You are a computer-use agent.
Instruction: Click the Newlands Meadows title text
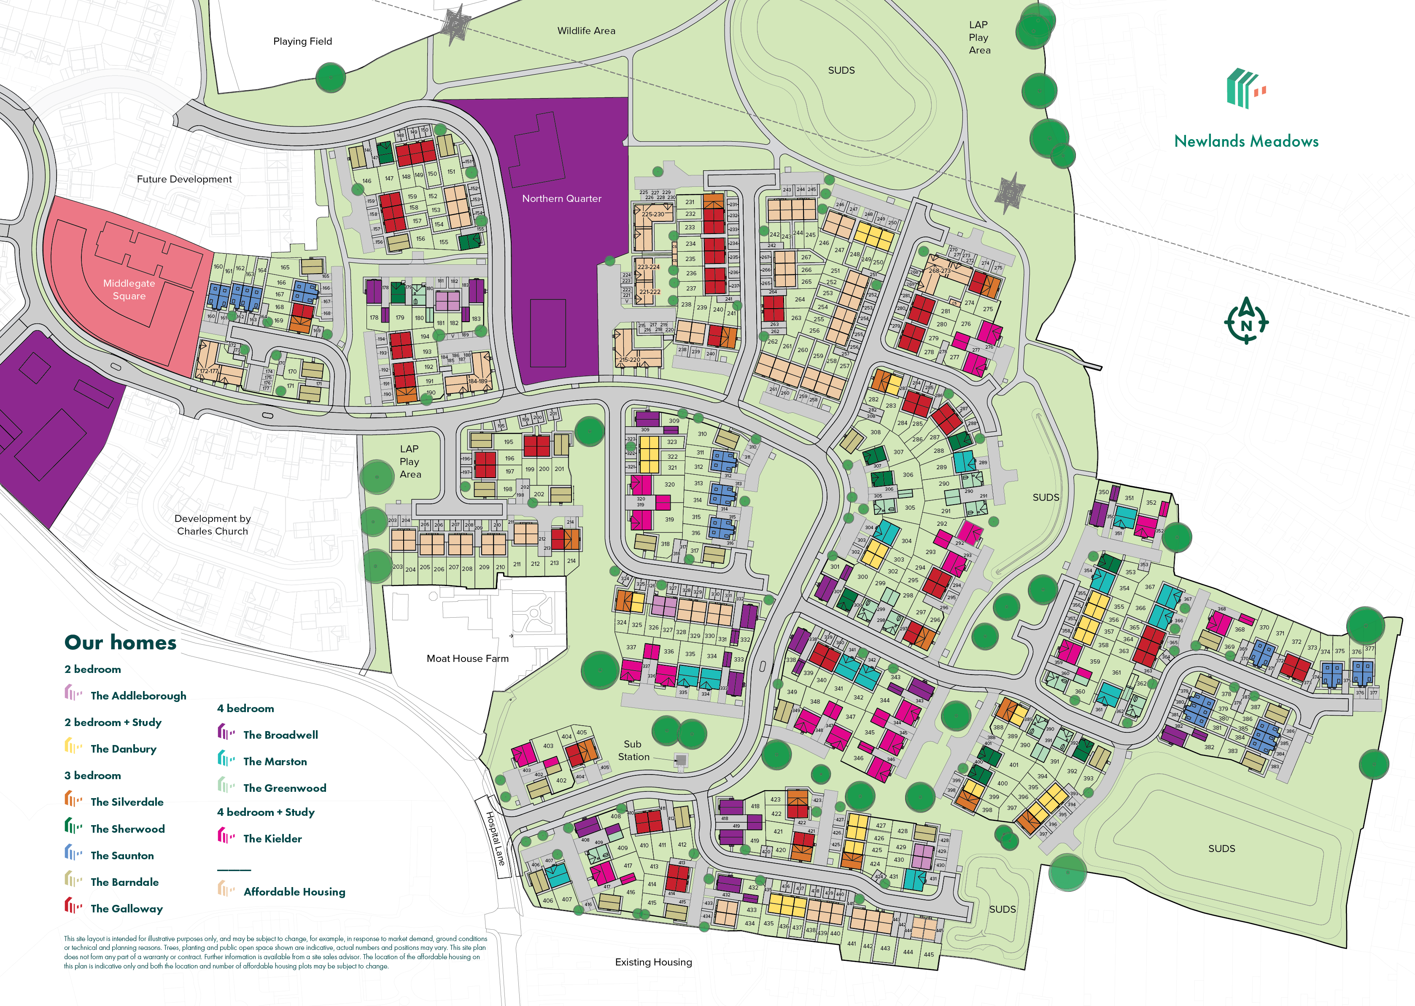[1246, 141]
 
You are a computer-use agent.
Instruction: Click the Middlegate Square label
[129, 289]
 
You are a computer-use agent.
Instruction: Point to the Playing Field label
[302, 41]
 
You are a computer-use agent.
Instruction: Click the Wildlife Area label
[586, 31]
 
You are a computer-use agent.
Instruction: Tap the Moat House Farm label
[467, 659]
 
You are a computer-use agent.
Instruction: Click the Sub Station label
[633, 750]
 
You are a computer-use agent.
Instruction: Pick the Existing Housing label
[653, 962]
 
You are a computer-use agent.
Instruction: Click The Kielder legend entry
[272, 839]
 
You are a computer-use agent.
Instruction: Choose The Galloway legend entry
[127, 909]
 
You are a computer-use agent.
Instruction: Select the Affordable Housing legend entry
[294, 892]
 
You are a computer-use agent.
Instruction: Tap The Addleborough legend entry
[137, 696]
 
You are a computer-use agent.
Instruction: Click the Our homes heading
[120, 643]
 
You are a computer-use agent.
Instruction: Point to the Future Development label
[184, 179]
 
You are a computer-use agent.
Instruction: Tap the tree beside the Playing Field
[331, 78]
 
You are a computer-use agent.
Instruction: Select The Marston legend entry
[275, 762]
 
